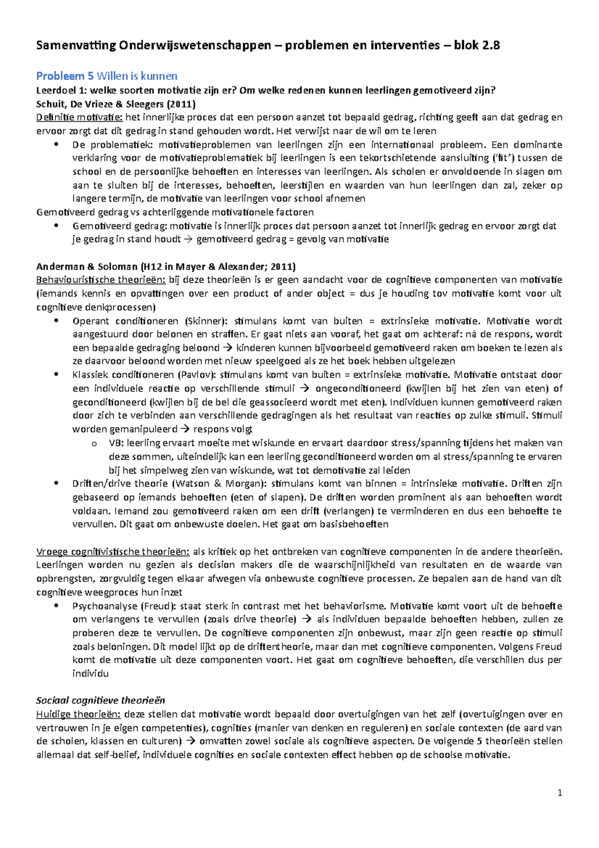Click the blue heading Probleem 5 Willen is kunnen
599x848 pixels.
[x=107, y=76]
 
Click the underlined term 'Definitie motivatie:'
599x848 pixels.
[x=79, y=117]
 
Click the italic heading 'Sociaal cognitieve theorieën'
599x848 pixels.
[x=100, y=700]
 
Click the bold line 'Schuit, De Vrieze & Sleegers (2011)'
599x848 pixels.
[x=116, y=104]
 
